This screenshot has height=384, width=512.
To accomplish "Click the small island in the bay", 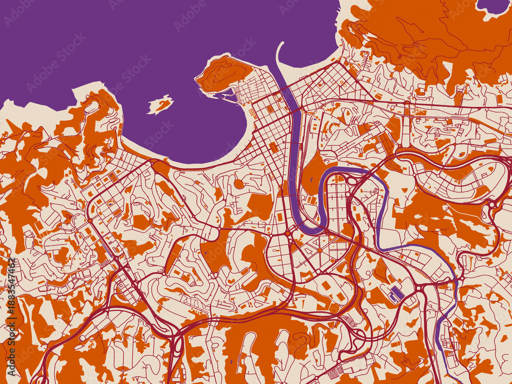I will click(x=160, y=104).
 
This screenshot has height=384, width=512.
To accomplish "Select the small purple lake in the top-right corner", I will click(x=493, y=6).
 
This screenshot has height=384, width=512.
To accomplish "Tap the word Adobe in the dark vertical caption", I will click(x=11, y=353).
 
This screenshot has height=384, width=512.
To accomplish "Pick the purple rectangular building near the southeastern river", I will click(x=394, y=294).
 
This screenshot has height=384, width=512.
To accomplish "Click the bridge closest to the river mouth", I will click(x=294, y=109).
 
